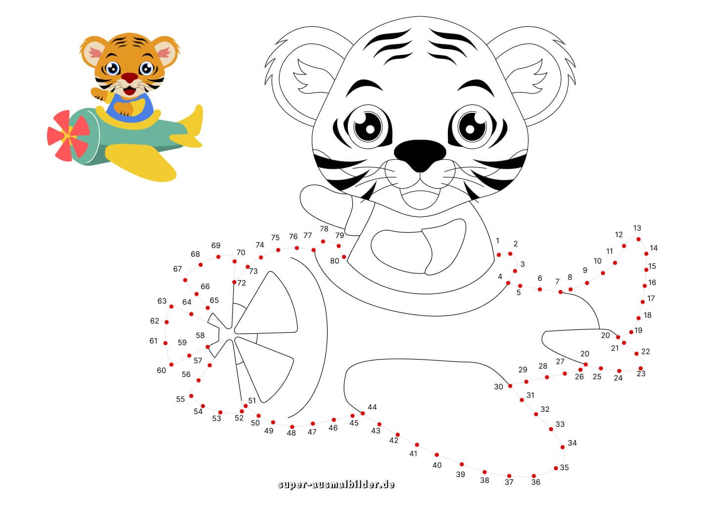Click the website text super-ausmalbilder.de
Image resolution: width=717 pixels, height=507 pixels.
pos(336,484)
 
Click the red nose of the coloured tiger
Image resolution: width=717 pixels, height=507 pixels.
pos(130,78)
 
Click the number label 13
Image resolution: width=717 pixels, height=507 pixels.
pos(637,228)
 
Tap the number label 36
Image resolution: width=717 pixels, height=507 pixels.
pos(535,482)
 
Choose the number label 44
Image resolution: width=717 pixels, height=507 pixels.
pos(372,407)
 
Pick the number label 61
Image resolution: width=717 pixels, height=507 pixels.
pos(153,341)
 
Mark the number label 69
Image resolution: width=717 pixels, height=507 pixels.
pos(216,246)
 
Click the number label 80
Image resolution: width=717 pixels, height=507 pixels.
pos(335,261)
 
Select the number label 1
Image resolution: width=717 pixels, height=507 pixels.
pos(498,241)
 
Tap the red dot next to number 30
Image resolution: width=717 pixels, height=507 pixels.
pos(510,386)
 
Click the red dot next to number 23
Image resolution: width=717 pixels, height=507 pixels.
pos(640,368)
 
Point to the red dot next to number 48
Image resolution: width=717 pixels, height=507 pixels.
pos(292,426)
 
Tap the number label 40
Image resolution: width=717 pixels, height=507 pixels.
pos(437,465)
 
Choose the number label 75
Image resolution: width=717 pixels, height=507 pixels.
pos(275,238)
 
